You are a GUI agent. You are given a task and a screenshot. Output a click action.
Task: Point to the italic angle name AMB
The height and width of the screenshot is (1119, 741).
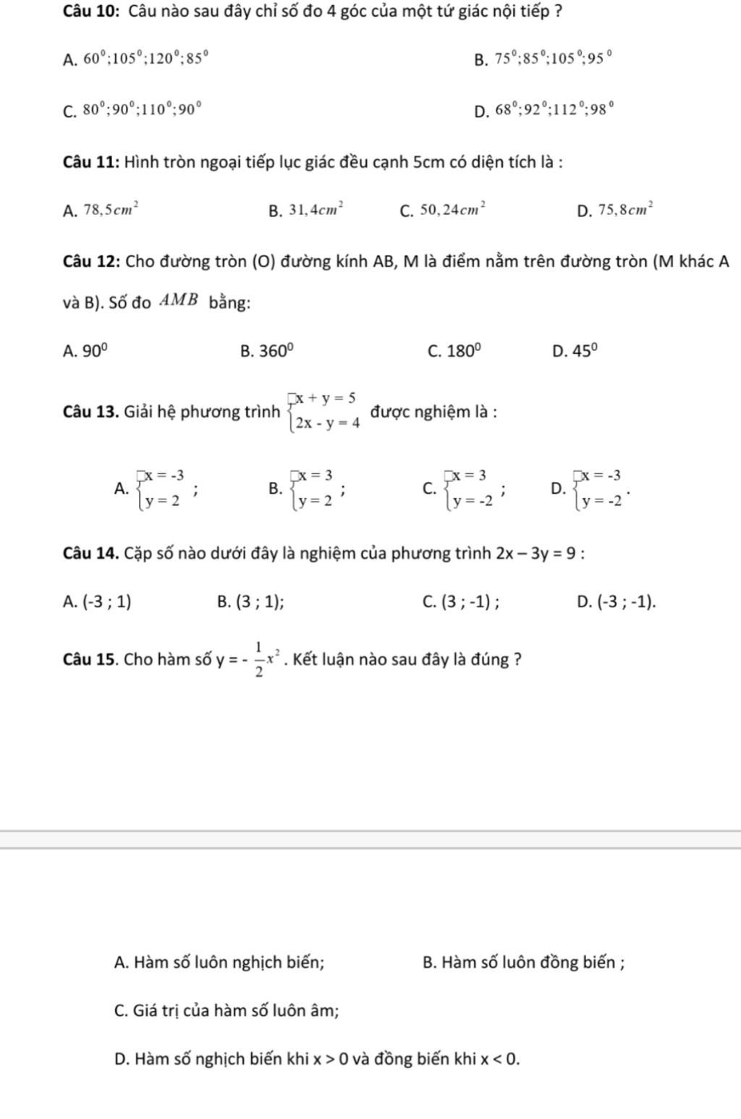tap(179, 301)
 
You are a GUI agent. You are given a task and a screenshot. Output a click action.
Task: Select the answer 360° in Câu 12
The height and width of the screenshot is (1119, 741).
tap(277, 351)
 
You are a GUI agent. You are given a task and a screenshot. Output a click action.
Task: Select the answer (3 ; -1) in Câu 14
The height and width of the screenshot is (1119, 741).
tap(470, 601)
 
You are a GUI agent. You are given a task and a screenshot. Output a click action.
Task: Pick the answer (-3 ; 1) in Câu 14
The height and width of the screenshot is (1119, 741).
tap(108, 601)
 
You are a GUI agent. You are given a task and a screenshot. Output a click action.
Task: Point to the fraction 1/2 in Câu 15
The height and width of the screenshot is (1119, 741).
tap(258, 659)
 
